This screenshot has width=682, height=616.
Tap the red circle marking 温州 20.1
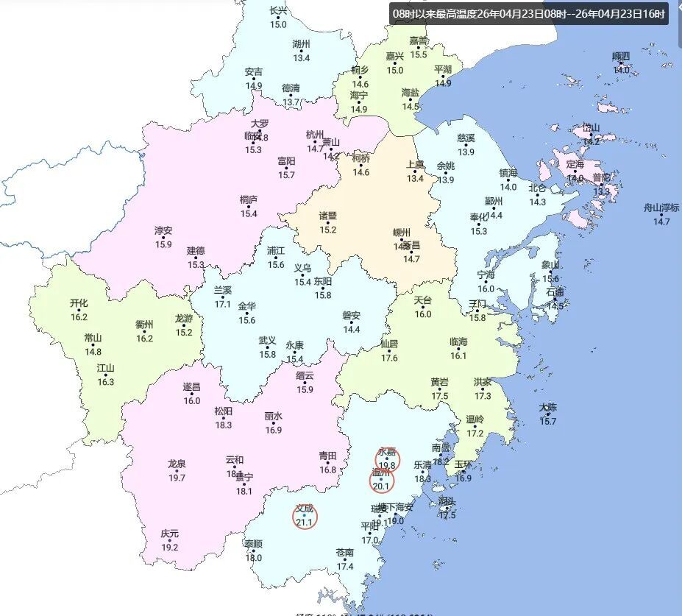point(381,481)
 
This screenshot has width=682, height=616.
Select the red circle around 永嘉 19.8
point(387,459)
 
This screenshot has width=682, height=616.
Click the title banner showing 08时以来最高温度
point(529,13)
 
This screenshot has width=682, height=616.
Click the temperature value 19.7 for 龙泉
point(177,478)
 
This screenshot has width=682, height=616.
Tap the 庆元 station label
point(170,534)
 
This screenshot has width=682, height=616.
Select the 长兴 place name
point(278,10)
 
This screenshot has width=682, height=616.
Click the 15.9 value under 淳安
point(163,244)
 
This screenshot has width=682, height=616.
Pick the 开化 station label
point(79,302)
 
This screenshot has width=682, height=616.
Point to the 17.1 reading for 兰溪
point(222,304)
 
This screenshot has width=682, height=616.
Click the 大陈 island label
point(548,407)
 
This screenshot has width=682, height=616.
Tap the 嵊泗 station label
point(621,56)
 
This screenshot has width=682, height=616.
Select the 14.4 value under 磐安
point(352,329)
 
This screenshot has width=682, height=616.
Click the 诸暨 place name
point(327,216)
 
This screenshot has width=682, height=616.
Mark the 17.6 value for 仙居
point(389,358)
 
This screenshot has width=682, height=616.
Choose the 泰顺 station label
point(253,544)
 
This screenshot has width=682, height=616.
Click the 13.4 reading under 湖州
point(301,57)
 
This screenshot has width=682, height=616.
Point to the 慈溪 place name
point(466,138)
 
